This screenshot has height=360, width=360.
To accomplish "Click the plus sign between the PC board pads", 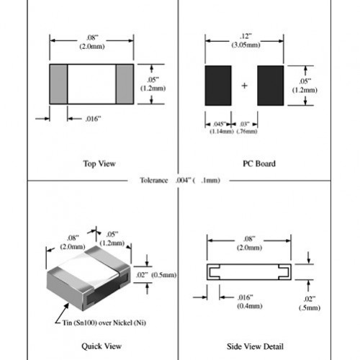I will pyautogui.click(x=244, y=86).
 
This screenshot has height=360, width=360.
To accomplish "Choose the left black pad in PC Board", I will pyautogui.click(x=218, y=86).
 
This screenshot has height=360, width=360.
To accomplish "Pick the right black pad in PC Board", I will pyautogui.click(x=270, y=86).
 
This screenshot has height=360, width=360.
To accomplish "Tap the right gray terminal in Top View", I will pyautogui.click(x=125, y=84).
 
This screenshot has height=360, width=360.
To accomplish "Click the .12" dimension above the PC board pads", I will pyautogui.click(x=246, y=35).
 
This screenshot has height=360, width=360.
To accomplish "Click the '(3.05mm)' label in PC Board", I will pyautogui.click(x=246, y=44).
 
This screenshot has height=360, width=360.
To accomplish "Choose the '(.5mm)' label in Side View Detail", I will pyautogui.click(x=311, y=308).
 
